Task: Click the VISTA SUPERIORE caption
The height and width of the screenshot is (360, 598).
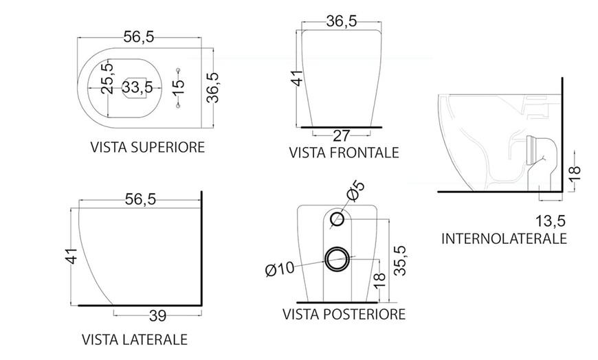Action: [147, 147]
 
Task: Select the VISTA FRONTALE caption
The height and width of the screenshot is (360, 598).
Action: [344, 152]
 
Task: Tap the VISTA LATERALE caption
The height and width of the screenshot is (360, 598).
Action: [135, 339]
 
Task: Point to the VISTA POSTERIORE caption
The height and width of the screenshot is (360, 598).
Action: [344, 315]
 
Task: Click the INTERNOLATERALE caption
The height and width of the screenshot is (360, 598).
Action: [504, 238]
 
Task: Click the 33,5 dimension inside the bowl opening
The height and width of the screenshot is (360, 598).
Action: [137, 87]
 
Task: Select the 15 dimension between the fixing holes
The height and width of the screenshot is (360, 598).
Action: [178, 87]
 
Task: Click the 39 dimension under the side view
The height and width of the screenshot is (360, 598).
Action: [157, 316]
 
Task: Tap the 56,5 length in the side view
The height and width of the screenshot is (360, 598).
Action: [140, 199]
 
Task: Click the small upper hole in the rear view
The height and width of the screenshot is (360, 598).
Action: [337, 220]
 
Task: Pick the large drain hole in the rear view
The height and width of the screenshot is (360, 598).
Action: [337, 259]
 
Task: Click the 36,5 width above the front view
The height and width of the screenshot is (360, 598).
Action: [341, 21]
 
